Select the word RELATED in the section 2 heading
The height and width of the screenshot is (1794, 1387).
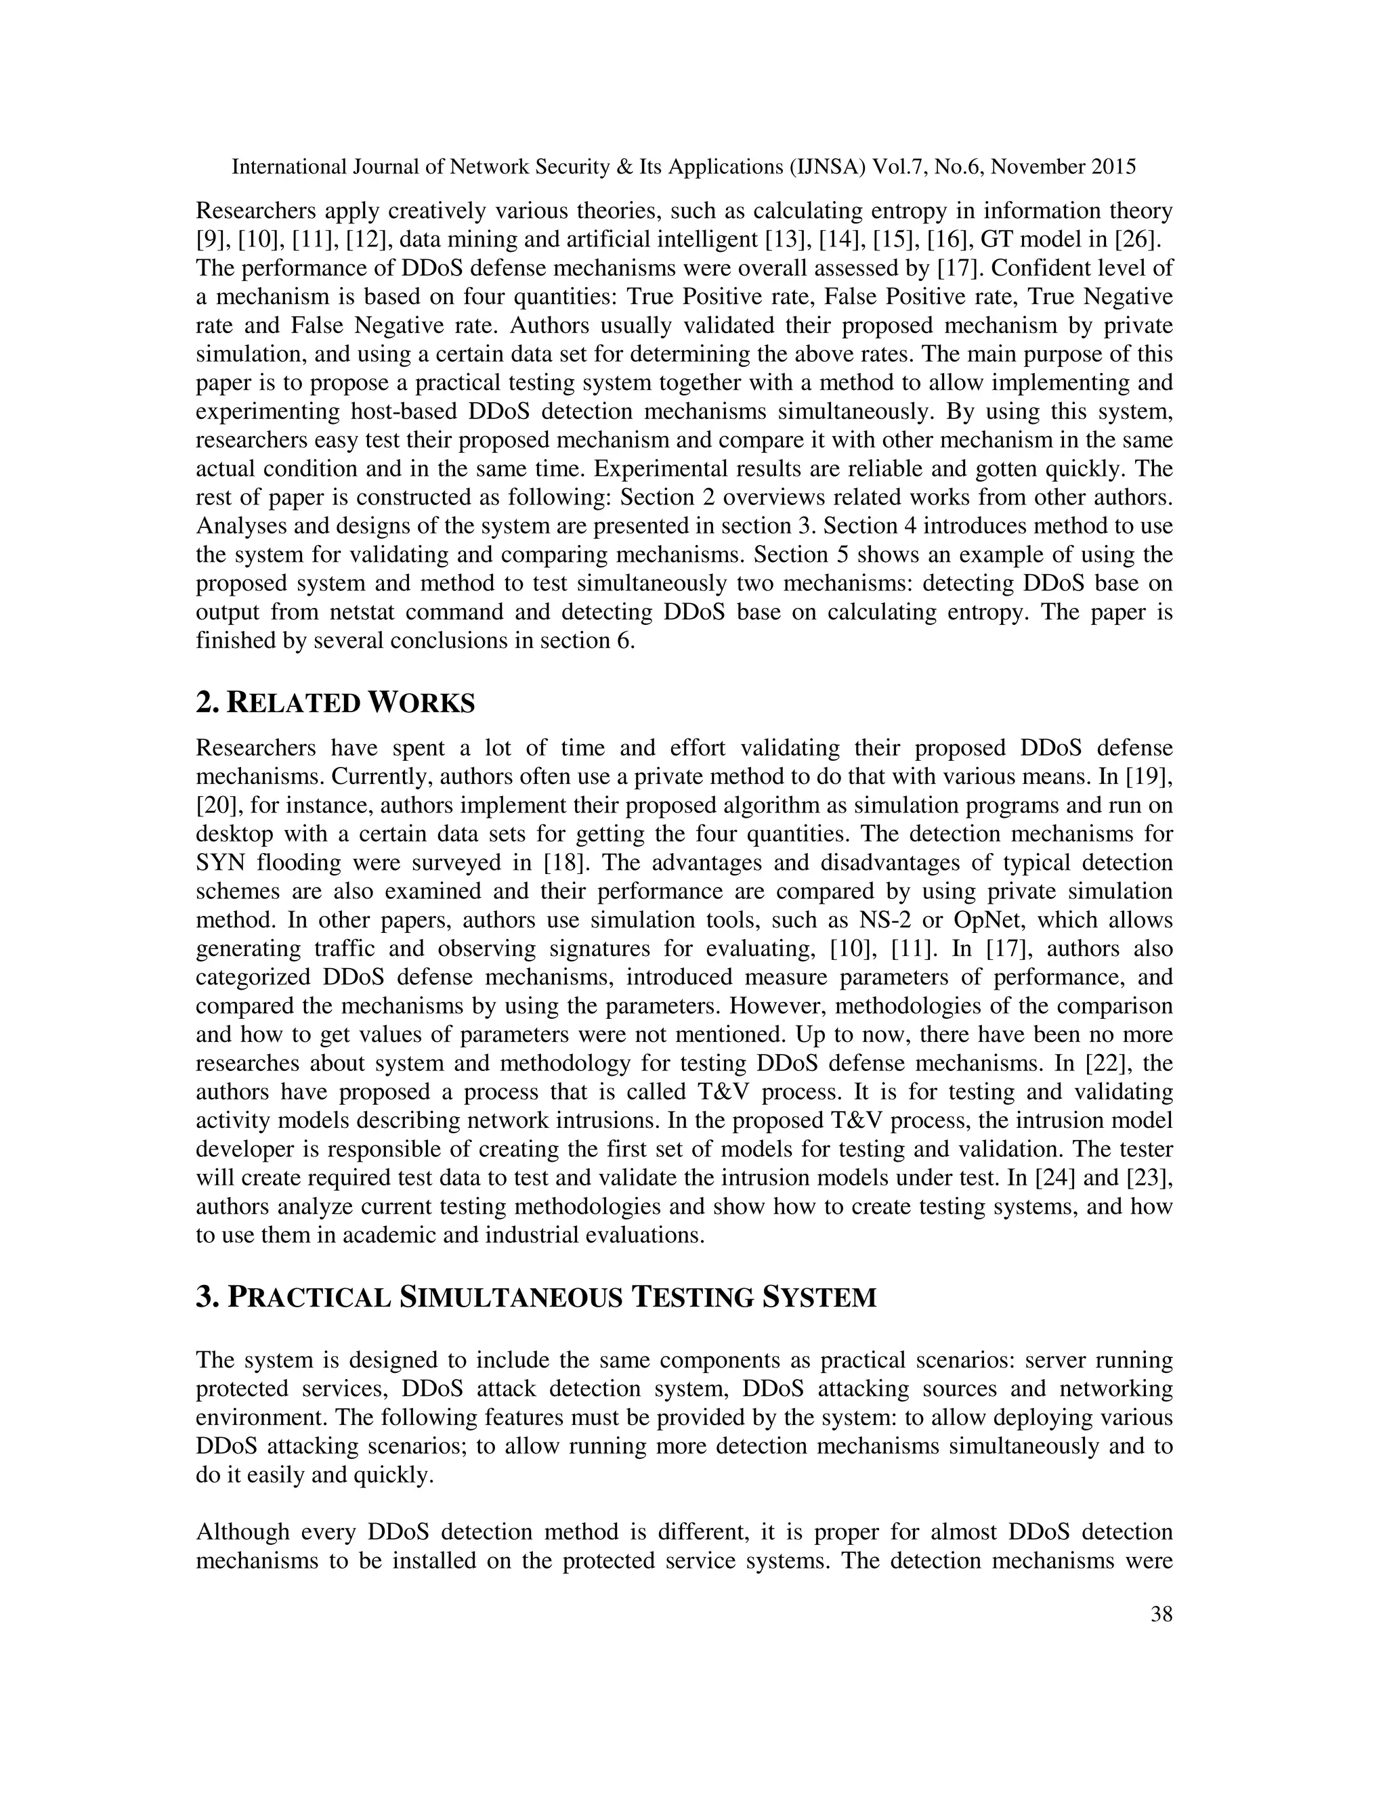tap(293, 704)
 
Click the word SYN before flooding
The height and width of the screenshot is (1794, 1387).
tap(219, 863)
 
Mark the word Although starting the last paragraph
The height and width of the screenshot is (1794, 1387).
tap(242, 1532)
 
